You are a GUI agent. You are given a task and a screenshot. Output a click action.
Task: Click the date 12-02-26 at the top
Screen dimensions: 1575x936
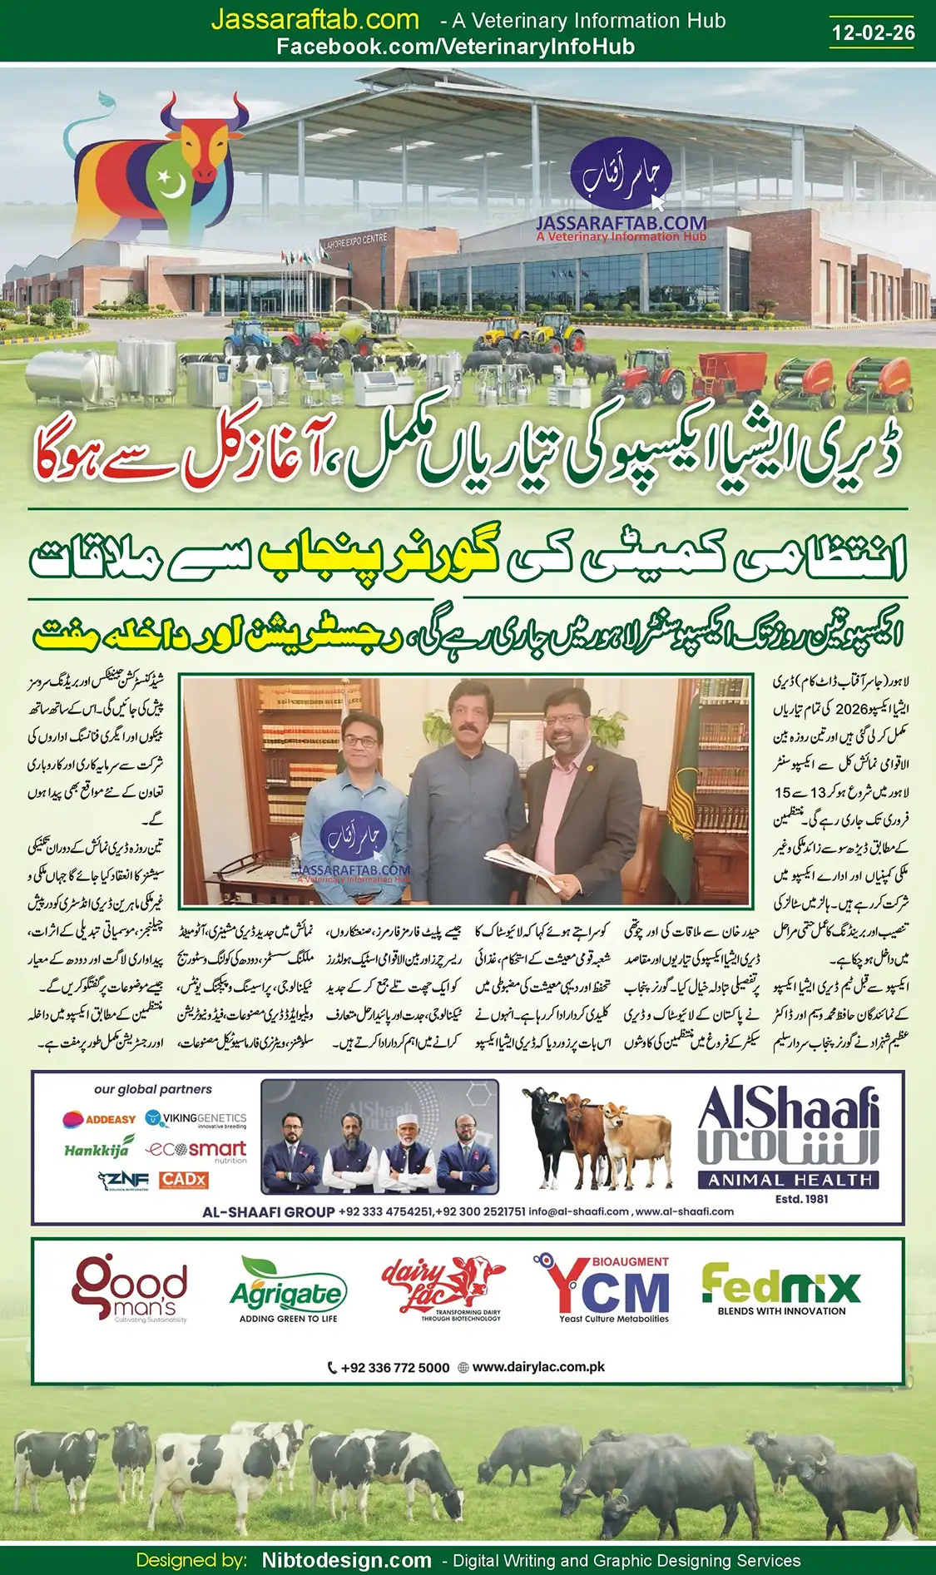(873, 32)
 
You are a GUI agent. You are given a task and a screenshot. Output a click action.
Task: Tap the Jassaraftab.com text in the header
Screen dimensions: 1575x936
(314, 20)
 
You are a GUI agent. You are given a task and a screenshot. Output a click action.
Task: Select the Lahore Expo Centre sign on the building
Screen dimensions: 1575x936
(354, 242)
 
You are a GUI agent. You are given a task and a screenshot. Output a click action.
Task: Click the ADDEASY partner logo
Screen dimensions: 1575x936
(99, 1119)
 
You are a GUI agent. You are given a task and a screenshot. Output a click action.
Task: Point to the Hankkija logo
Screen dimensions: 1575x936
(97, 1150)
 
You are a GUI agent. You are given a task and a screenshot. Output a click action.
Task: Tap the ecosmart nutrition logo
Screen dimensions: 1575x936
(196, 1150)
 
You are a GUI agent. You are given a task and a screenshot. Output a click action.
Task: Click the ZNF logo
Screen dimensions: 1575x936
(122, 1180)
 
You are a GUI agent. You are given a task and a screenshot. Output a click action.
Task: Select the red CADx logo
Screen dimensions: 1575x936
(183, 1180)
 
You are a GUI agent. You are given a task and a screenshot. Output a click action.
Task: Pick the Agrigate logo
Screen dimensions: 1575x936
(288, 1290)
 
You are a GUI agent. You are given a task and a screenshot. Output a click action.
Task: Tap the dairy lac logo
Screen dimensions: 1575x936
(443, 1288)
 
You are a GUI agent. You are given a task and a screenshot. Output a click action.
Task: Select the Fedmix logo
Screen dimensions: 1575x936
(780, 1288)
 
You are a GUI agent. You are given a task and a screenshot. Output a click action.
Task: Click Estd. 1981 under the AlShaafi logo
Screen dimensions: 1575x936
(801, 1199)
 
